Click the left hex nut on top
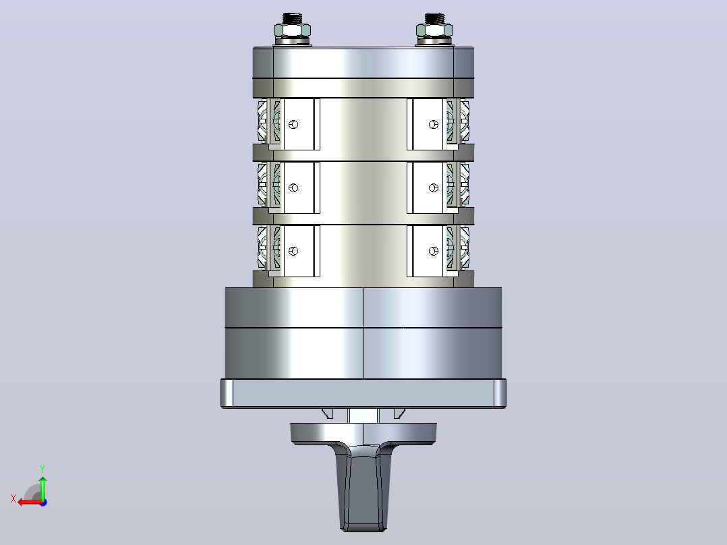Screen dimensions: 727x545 tap(292, 31)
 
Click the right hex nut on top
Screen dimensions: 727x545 tap(434, 31)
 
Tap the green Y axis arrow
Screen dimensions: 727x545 tap(42, 487)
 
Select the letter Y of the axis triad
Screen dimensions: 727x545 tap(42, 469)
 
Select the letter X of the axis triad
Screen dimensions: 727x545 tap(13, 498)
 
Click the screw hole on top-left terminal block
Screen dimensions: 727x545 tap(293, 124)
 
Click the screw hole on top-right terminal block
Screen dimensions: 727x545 tap(434, 124)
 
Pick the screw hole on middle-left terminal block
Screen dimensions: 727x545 tap(293, 188)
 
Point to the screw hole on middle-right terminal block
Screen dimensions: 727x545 tap(434, 188)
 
